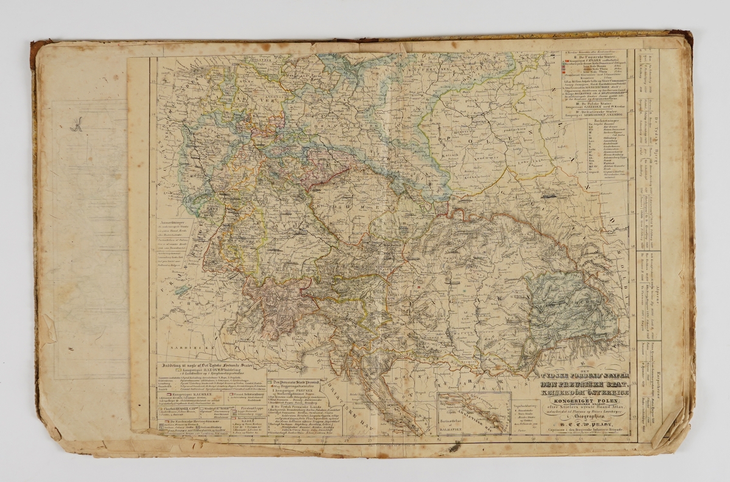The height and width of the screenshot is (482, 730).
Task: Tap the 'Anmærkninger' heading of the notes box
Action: coord(174,223)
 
